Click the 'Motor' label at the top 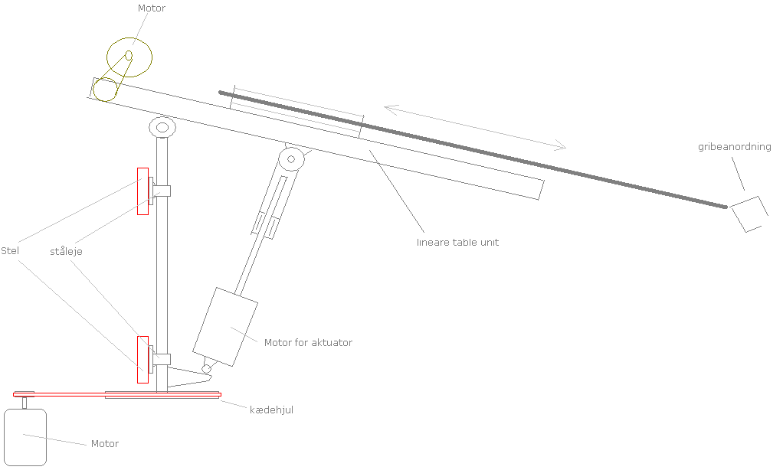[151, 8]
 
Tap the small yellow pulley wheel [104, 89]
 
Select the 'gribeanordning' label [734, 147]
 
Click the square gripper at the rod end [749, 213]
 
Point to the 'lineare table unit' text [457, 242]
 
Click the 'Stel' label [11, 250]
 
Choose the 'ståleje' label [67, 251]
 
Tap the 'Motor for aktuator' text [308, 342]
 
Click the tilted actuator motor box [226, 327]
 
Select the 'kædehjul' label [271, 410]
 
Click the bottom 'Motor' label [105, 443]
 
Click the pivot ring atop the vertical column [162, 127]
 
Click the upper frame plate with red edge [143, 191]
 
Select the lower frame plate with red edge [143, 359]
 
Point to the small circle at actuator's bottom [206, 369]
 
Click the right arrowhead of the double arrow [562, 145]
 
